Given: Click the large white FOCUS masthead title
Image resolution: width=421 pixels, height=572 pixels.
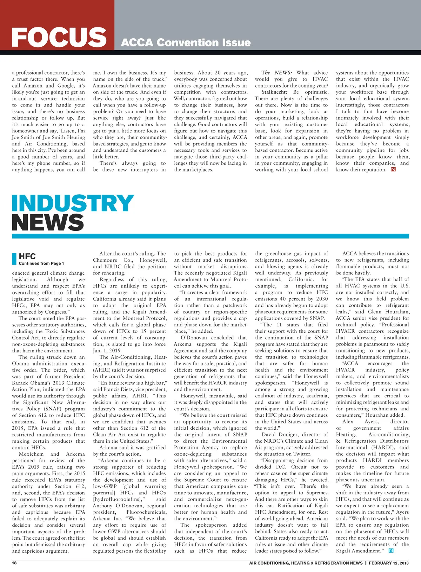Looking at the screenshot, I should (x=59, y=37).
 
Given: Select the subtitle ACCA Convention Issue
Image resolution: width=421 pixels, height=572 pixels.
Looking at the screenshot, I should (x=186, y=43).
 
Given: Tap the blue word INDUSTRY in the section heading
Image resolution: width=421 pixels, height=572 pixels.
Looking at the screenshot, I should (x=73, y=203).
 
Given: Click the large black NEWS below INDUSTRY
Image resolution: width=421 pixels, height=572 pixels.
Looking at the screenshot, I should (x=48, y=222).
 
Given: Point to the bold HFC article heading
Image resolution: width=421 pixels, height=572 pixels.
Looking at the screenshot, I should (x=27, y=256).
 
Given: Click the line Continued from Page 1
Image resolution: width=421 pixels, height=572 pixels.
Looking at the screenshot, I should (x=41, y=264).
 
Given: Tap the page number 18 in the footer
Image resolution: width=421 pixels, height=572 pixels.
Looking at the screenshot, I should (x=14, y=563).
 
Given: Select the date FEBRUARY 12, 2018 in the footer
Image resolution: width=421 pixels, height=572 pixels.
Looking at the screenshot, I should (x=388, y=563).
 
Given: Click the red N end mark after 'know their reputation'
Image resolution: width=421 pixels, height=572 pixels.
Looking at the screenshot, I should (x=393, y=170).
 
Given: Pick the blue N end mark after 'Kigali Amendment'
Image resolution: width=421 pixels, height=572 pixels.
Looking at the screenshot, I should (x=391, y=551).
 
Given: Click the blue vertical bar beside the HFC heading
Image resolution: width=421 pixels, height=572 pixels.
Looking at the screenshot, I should (x=14, y=259).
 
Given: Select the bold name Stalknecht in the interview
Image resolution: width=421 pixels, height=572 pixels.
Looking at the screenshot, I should (x=274, y=92).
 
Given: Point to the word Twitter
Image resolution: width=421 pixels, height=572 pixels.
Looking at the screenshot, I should (x=302, y=454).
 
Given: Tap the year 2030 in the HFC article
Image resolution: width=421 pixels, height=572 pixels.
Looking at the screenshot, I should (x=322, y=299).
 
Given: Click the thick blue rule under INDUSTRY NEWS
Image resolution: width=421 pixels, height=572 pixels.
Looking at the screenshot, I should (x=210, y=236).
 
